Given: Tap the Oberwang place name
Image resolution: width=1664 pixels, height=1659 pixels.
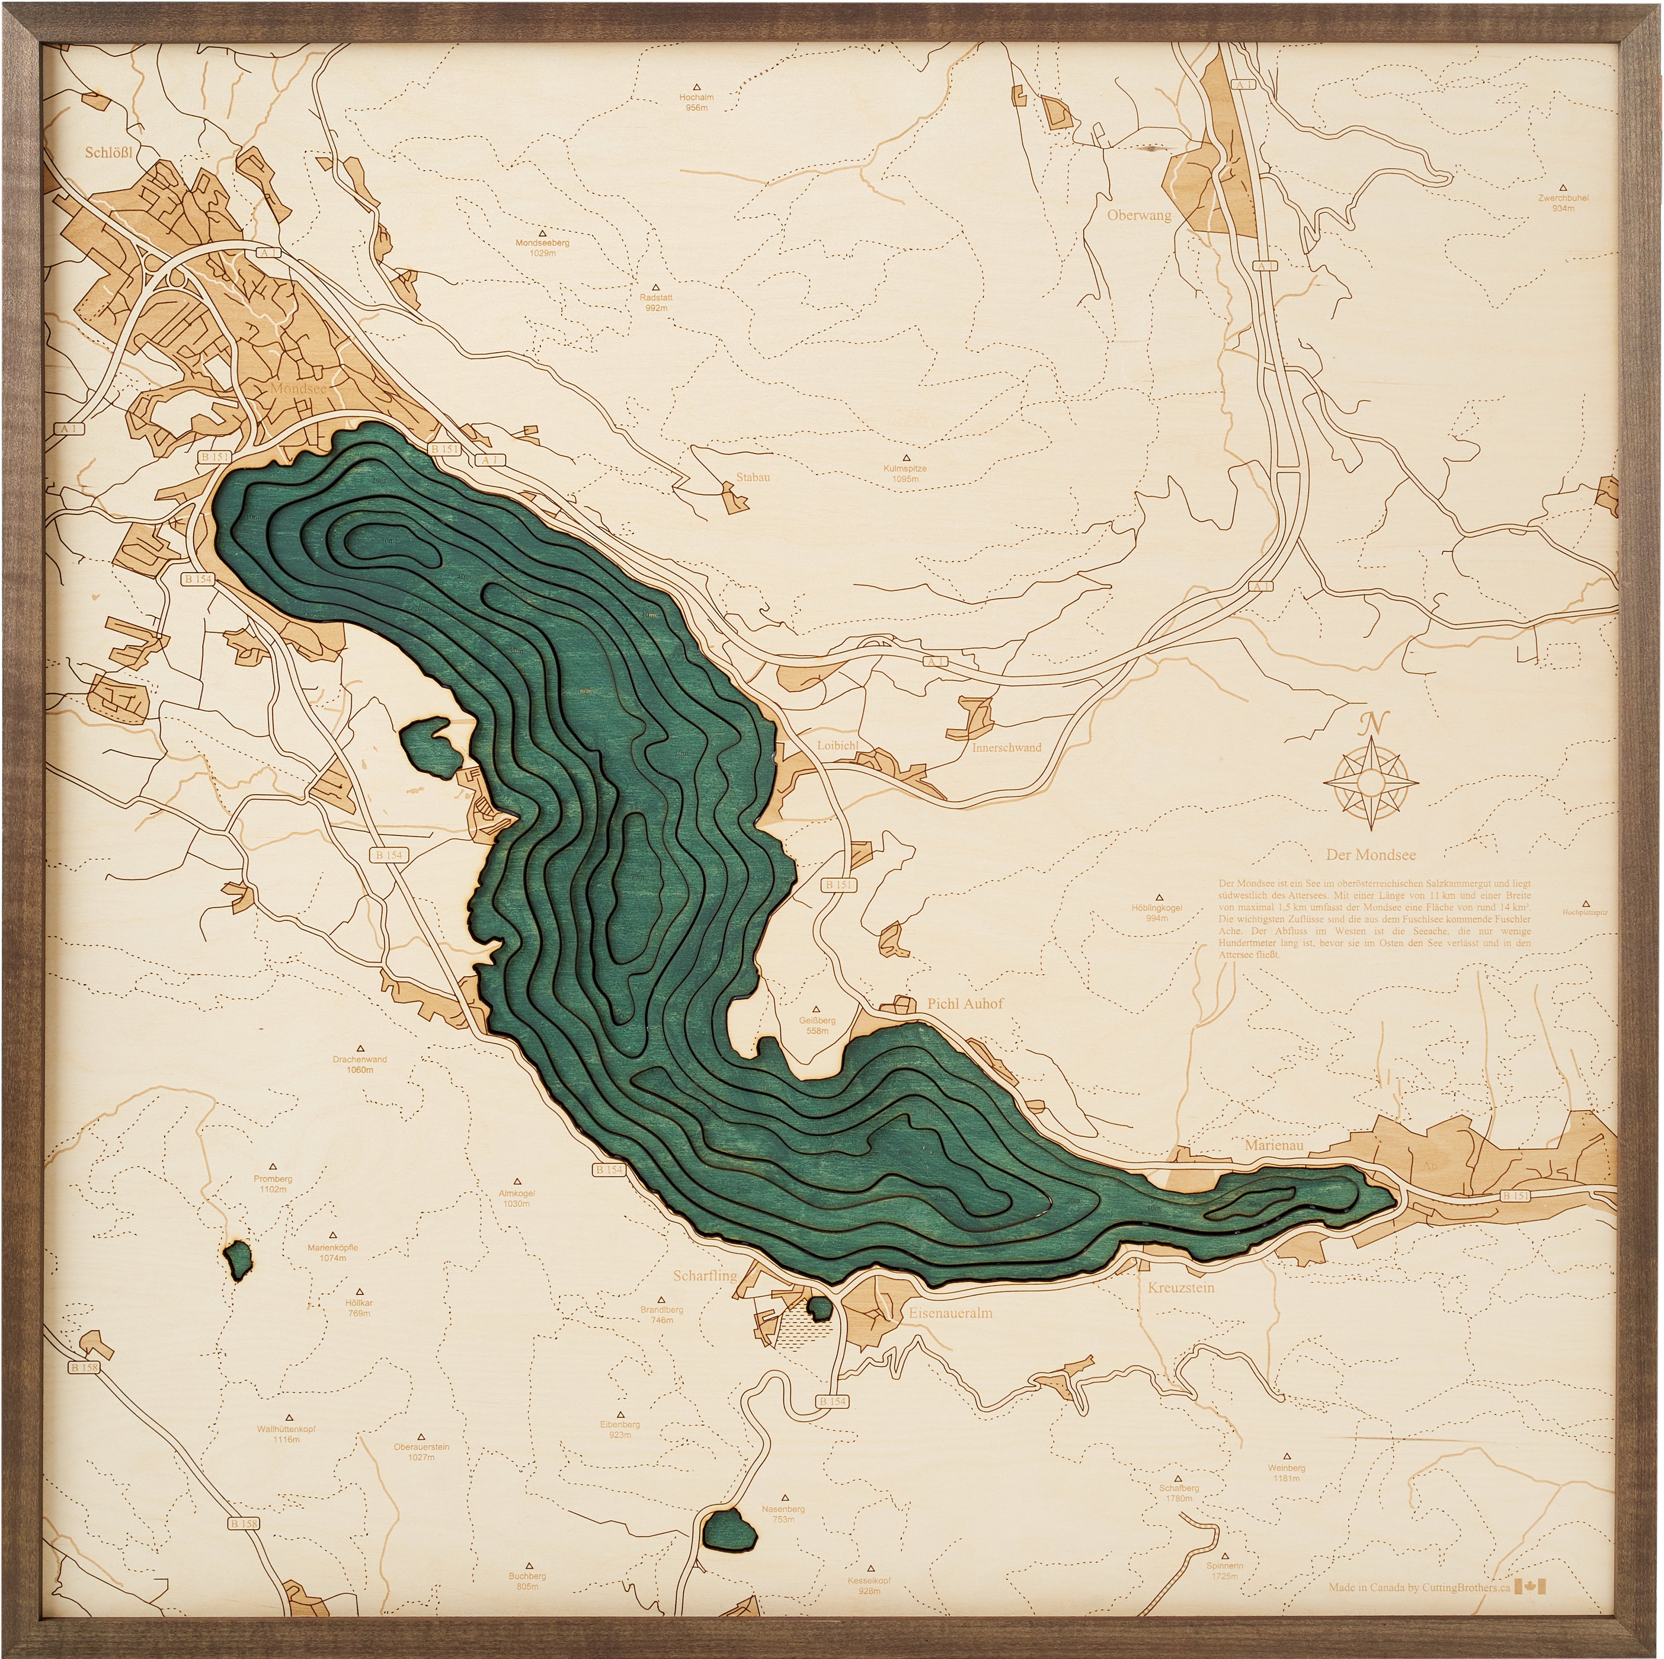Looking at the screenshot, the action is (x=1139, y=215).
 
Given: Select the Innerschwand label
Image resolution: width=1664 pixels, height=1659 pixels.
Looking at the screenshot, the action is (x=1006, y=747).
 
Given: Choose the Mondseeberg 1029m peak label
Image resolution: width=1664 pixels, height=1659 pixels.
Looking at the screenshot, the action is (x=542, y=248).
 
